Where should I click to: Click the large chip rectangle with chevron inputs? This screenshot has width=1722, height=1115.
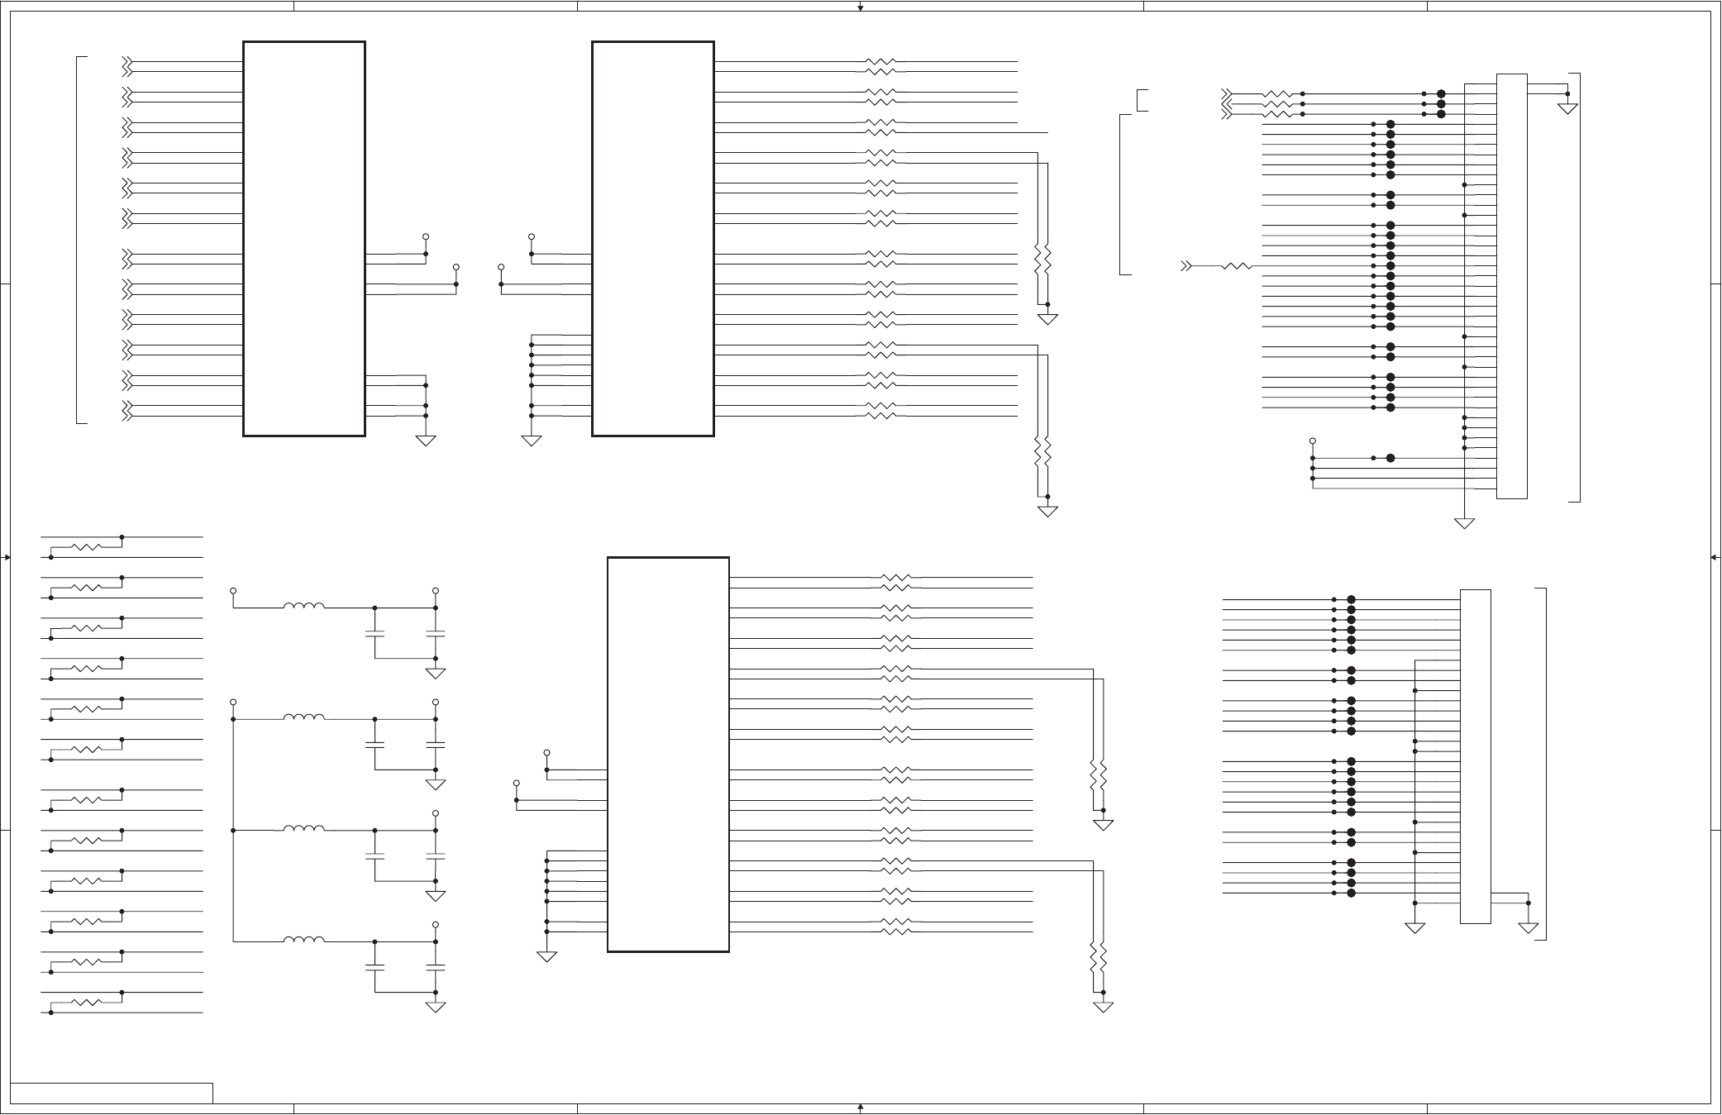pyautogui.click(x=304, y=238)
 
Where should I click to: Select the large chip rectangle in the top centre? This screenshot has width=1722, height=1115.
pyautogui.click(x=653, y=238)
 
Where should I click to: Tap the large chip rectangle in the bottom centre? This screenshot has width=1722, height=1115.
pyautogui.click(x=668, y=754)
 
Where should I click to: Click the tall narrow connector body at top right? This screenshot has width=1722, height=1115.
pyautogui.click(x=1511, y=286)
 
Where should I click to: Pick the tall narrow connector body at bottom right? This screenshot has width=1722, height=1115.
pyautogui.click(x=1475, y=755)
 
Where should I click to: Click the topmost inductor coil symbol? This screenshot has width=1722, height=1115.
pyautogui.click(x=303, y=607)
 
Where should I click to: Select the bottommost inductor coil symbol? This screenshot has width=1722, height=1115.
pyautogui.click(x=303, y=940)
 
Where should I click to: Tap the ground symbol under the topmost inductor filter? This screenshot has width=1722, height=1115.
pyautogui.click(x=436, y=673)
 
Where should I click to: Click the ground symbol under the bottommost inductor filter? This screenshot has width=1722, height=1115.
pyautogui.click(x=436, y=1007)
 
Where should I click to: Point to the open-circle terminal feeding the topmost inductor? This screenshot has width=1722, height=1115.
pyautogui.click(x=233, y=591)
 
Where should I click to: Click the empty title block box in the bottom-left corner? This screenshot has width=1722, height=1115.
pyautogui.click(x=112, y=1093)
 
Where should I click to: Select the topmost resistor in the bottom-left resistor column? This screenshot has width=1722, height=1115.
pyautogui.click(x=87, y=547)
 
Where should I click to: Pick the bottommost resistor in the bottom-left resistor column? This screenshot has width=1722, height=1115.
pyautogui.click(x=87, y=1002)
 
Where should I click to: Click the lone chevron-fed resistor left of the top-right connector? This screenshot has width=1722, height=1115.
pyautogui.click(x=1237, y=266)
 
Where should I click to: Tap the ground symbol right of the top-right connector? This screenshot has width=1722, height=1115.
pyautogui.click(x=1567, y=108)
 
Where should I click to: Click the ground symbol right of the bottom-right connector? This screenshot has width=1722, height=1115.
pyautogui.click(x=1528, y=927)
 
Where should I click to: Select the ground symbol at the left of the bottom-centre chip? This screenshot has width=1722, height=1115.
pyautogui.click(x=546, y=956)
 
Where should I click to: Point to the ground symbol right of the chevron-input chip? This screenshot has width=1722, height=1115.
pyautogui.click(x=426, y=441)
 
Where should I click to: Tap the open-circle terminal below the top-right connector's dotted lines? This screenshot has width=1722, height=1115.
pyautogui.click(x=1312, y=441)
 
